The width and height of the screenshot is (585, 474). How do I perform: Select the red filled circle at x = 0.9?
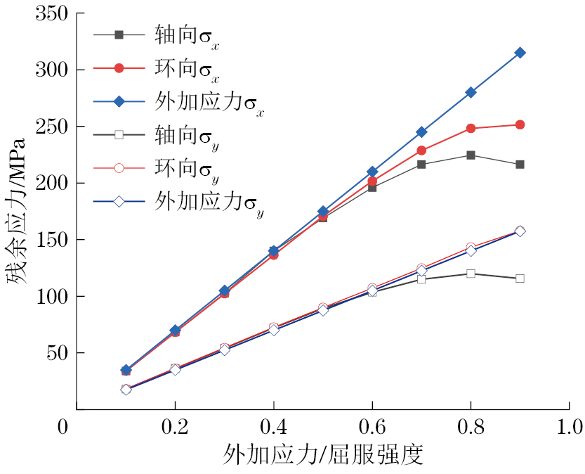pos(520,124)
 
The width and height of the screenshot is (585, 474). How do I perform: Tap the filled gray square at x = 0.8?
pos(471,155)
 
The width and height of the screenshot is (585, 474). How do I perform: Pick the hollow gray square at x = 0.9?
pos(520,278)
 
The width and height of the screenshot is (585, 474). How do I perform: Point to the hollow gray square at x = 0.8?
pos(471,273)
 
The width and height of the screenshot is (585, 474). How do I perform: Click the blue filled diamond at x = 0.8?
pos(471,92)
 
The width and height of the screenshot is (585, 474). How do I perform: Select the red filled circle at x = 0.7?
pos(421,150)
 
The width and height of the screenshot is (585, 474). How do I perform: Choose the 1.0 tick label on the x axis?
pos(569,427)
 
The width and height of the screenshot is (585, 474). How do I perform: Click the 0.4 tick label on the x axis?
pos(272,427)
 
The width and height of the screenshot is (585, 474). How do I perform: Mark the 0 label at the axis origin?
pos(64,427)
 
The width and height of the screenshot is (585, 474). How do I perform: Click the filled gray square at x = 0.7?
pos(421,164)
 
